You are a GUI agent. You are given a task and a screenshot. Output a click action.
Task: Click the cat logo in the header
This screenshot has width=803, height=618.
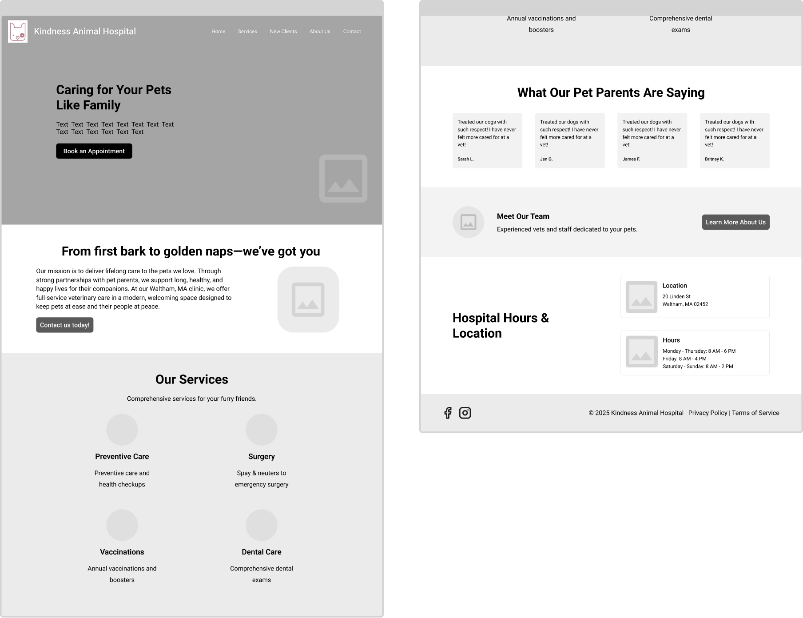(18, 32)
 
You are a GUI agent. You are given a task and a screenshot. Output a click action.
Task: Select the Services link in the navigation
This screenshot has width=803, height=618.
(247, 32)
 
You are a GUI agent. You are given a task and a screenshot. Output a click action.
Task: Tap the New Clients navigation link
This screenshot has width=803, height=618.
(283, 32)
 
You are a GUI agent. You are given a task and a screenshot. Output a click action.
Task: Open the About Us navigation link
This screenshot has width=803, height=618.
(320, 32)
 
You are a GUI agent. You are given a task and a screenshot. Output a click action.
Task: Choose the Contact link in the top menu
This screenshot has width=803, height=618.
(352, 32)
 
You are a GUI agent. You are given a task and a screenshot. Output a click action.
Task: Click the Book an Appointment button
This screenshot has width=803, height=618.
(94, 151)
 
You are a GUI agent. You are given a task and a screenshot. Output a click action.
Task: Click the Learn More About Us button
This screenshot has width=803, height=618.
(735, 222)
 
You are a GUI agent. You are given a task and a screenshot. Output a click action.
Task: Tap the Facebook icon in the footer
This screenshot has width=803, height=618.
(448, 413)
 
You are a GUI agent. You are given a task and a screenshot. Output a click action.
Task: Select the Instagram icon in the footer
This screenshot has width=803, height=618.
(465, 413)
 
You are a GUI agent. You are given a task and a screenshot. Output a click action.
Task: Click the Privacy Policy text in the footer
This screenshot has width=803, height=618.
(708, 413)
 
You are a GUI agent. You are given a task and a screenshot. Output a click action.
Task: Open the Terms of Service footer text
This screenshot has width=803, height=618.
(755, 413)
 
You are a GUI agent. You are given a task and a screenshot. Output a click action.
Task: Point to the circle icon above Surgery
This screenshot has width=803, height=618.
(262, 430)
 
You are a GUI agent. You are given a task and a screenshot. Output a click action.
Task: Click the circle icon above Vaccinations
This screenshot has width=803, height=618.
(122, 525)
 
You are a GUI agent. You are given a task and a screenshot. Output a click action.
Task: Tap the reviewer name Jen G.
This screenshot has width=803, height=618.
(546, 159)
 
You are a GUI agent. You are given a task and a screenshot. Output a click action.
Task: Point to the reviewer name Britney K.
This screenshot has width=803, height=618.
(714, 159)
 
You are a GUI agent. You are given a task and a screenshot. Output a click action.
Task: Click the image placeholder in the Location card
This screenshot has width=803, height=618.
(641, 297)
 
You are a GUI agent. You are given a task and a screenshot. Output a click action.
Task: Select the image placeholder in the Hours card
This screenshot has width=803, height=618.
(641, 351)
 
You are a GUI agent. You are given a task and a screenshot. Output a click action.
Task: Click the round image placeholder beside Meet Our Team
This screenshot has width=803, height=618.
(468, 222)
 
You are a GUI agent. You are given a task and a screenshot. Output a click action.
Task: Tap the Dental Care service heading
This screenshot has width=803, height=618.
(262, 552)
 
